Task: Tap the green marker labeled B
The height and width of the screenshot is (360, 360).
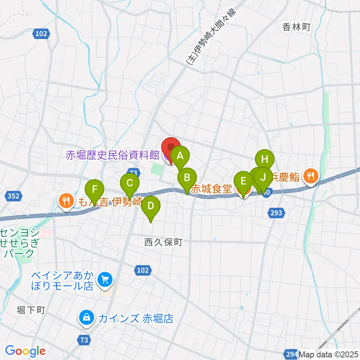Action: (187, 178)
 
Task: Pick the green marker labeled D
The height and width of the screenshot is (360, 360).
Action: (151, 206)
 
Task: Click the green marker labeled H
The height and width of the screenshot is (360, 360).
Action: (265, 159)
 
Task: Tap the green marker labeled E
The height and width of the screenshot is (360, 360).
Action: (243, 182)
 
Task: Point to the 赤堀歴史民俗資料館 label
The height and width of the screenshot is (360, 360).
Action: (112, 155)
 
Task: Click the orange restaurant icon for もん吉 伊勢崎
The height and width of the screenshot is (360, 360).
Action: (66, 202)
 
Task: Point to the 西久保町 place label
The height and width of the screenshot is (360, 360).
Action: (163, 243)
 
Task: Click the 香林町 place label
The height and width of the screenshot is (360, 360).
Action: (297, 27)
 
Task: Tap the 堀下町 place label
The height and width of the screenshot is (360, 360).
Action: (31, 310)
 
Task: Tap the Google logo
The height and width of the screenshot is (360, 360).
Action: (25, 351)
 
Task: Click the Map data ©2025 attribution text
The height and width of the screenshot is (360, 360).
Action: (329, 354)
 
